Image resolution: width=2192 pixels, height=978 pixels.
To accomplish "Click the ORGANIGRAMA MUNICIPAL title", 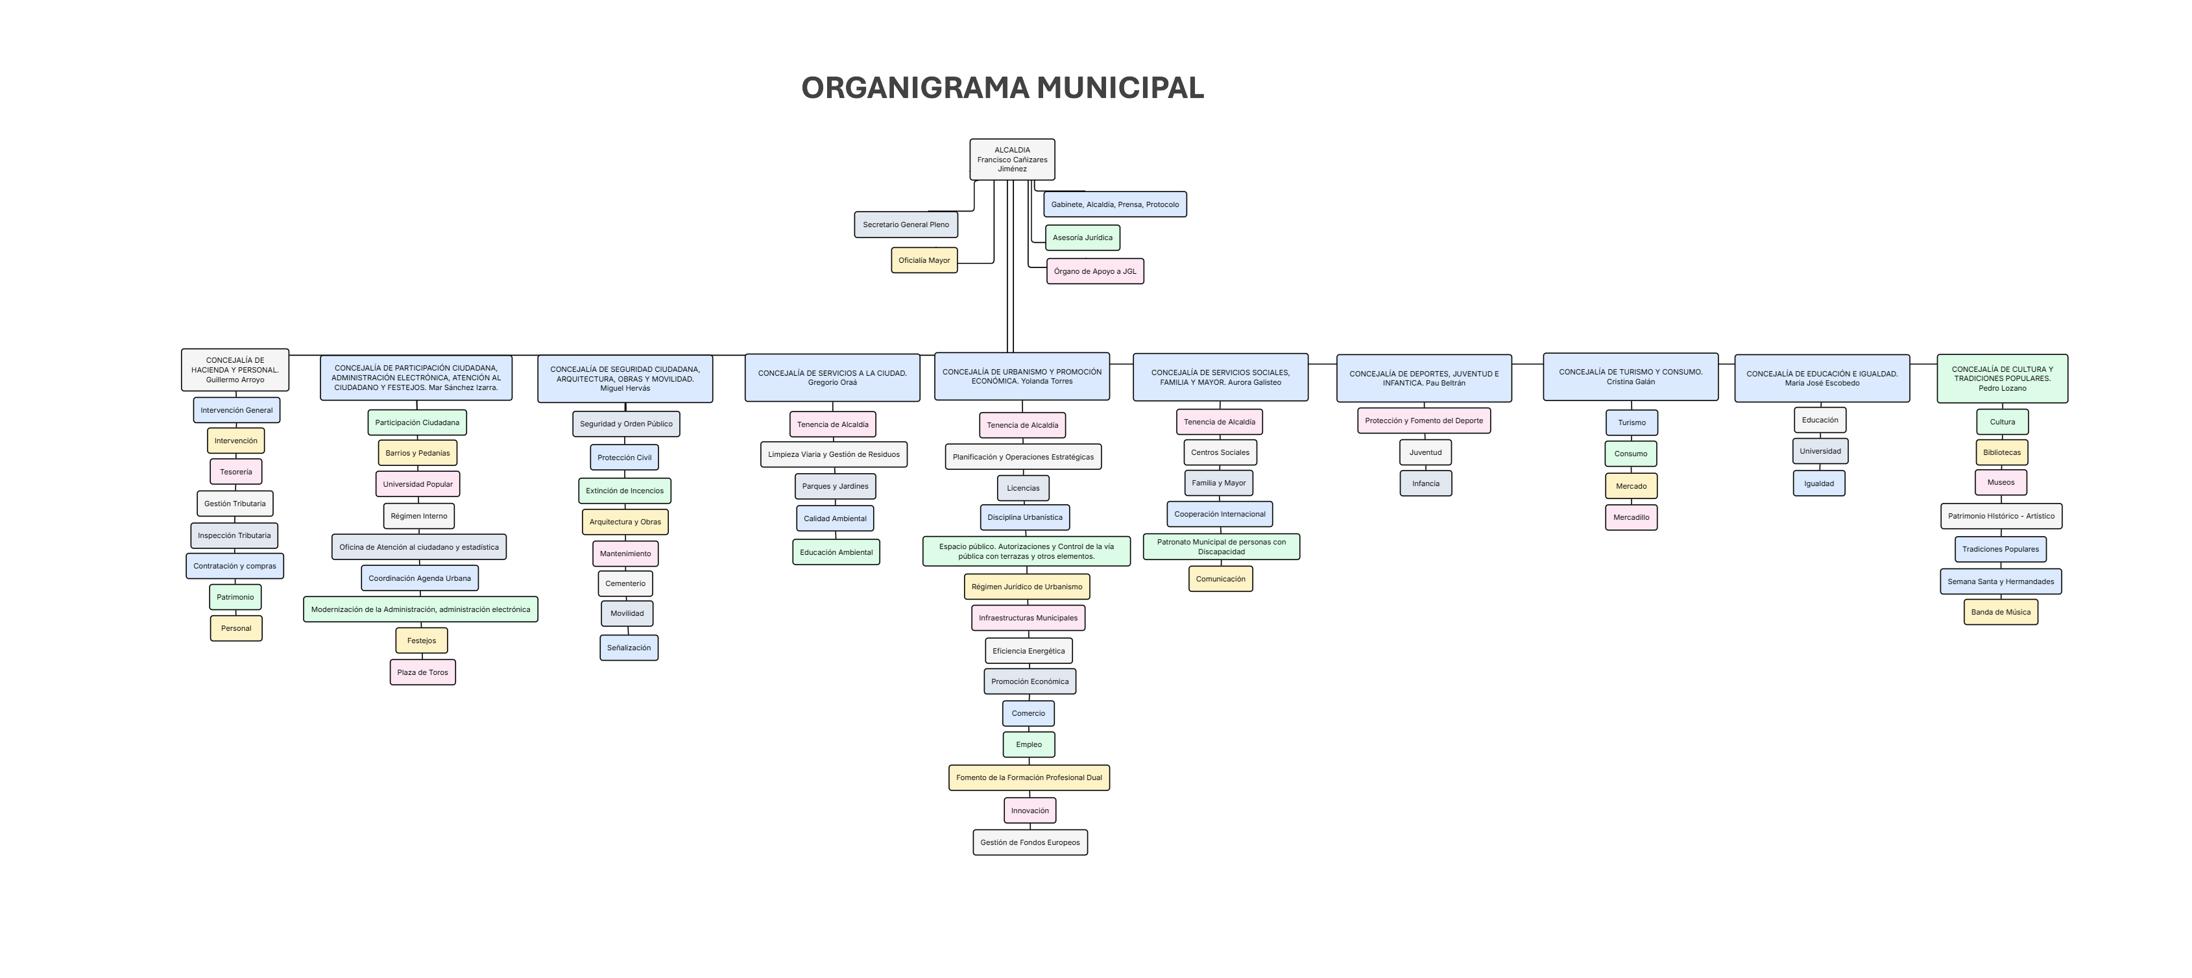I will (x=1002, y=88).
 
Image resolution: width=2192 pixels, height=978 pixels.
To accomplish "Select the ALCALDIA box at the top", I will (x=1012, y=159).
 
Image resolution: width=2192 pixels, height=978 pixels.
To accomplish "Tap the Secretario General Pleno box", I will (x=906, y=225).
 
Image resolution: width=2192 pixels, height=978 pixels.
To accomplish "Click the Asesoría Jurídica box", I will (x=1081, y=238).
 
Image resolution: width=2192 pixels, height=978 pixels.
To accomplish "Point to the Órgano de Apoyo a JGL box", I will (x=1094, y=271).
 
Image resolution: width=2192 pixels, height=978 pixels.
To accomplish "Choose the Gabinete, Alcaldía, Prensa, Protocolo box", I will (x=1114, y=204).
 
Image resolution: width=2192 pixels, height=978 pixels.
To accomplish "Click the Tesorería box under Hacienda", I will (x=235, y=472).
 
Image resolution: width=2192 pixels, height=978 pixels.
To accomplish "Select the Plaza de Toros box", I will (x=422, y=672).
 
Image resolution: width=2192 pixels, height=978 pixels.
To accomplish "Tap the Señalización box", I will (x=628, y=648).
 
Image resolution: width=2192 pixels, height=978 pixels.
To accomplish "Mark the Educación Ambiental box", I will (x=836, y=552).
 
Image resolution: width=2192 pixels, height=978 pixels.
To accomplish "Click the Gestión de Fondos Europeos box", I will (x=1030, y=842).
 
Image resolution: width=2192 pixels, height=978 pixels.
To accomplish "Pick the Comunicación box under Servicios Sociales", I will (x=1220, y=579).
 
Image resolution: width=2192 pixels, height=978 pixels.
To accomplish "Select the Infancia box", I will (x=1425, y=483).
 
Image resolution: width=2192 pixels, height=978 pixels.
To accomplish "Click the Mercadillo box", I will (x=1630, y=517).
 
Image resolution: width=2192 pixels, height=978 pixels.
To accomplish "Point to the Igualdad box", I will (x=1818, y=483).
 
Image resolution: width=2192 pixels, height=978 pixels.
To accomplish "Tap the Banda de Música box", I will (x=2000, y=612).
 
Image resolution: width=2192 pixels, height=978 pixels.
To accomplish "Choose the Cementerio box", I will (x=625, y=584).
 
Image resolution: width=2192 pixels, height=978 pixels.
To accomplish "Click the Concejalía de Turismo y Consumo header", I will (x=1630, y=376).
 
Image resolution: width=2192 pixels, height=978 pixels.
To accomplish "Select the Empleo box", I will (x=1028, y=745).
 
